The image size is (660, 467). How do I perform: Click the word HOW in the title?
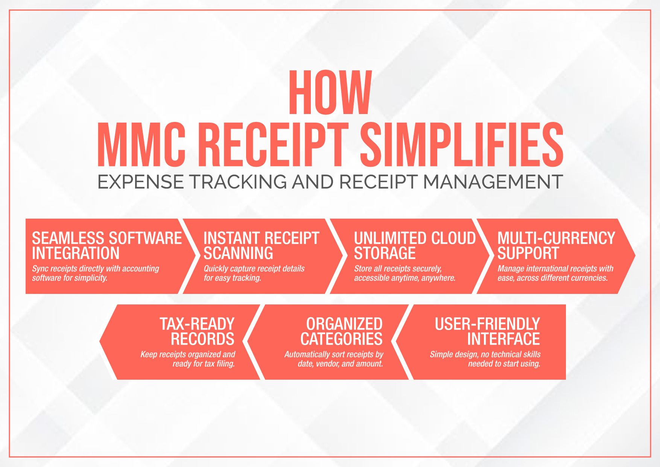coord(330,93)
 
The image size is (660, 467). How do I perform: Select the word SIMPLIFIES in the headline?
coord(462,145)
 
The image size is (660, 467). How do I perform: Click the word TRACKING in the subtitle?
coord(238,182)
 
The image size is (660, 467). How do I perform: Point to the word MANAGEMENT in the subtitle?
coord(493,182)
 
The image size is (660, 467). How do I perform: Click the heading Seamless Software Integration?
coord(107,246)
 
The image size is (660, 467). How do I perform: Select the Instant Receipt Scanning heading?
coord(261,246)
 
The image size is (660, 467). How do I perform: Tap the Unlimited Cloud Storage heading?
coord(415,246)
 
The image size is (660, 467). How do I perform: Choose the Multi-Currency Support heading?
coord(556,246)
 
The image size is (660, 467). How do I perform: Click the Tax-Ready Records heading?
coord(197,332)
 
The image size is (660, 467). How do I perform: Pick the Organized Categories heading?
coord(341,332)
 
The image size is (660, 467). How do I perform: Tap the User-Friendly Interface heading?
coord(487,332)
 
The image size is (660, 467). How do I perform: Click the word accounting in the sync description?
coord(141,269)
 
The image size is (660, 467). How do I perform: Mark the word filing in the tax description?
coord(226,364)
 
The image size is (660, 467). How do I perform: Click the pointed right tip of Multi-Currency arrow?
coord(635,256)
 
